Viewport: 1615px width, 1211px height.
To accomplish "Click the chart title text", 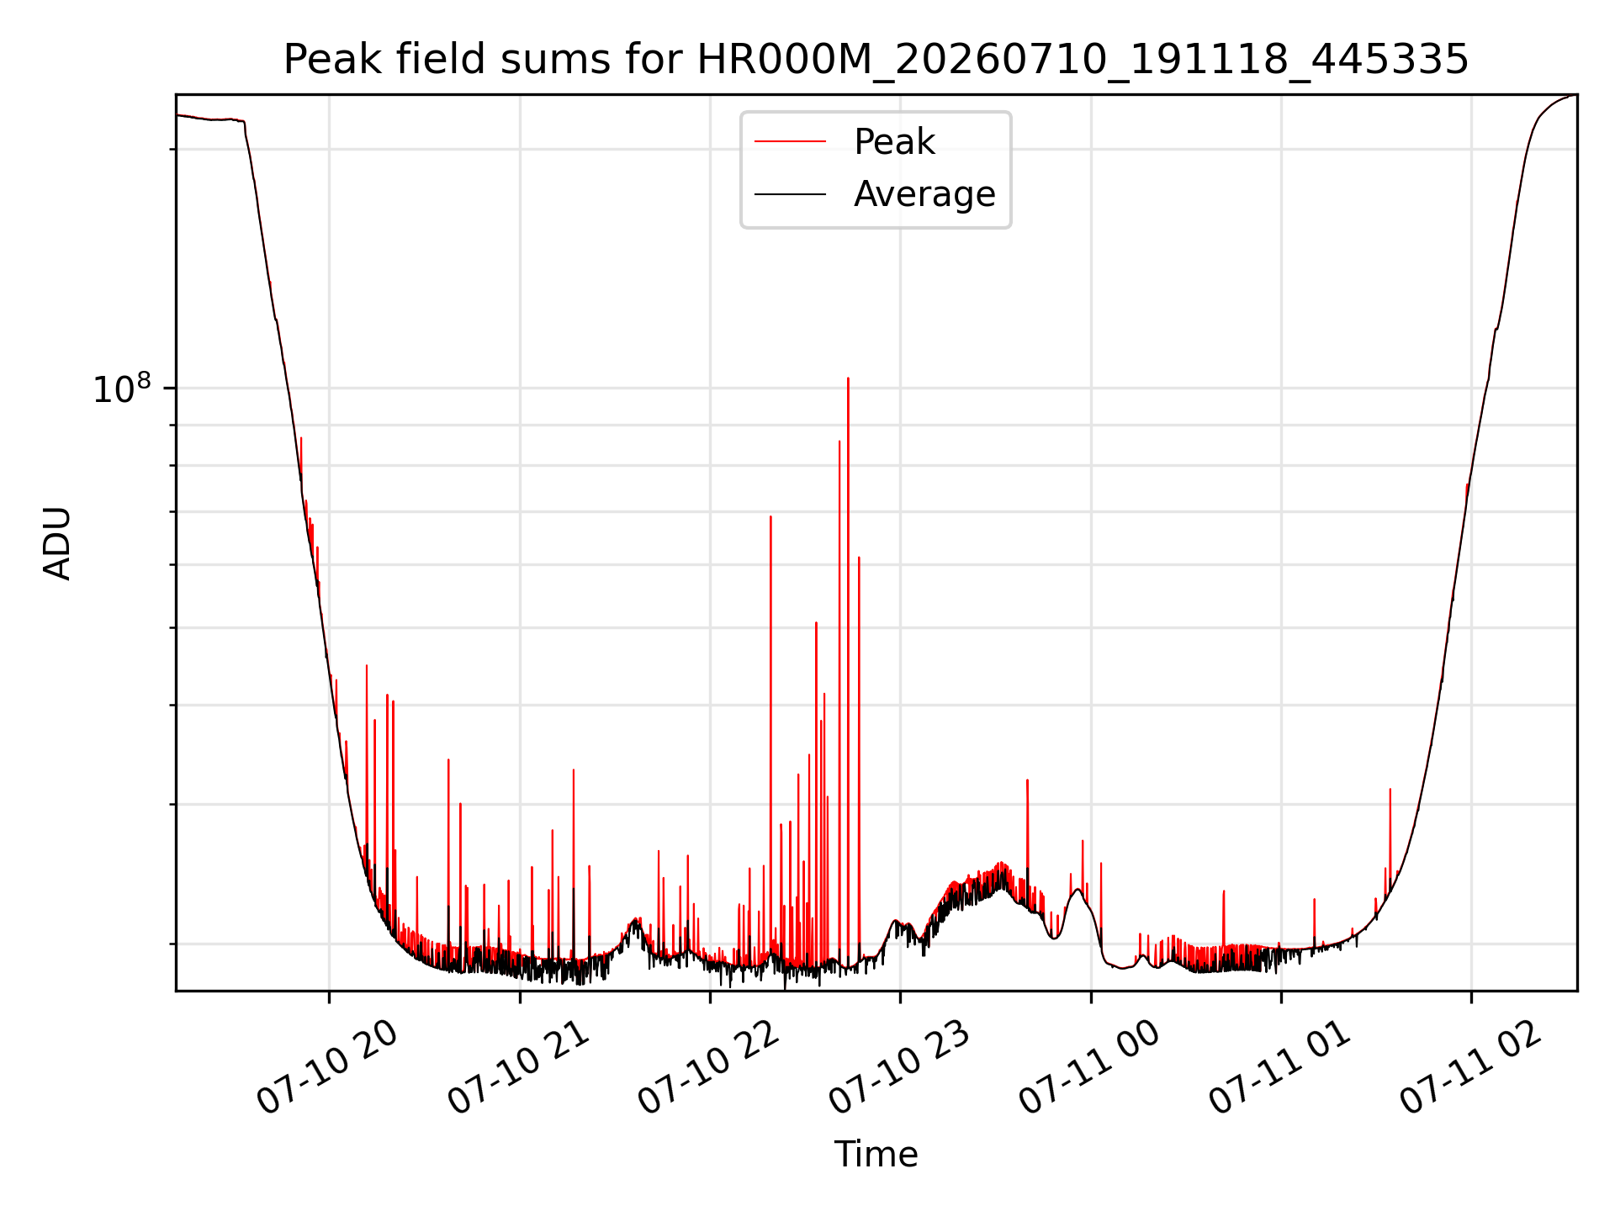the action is click(876, 60).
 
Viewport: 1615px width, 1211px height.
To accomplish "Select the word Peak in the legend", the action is click(894, 142).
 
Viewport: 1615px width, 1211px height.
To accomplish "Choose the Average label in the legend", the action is click(924, 194).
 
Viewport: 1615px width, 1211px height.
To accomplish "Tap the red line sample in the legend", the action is click(790, 142).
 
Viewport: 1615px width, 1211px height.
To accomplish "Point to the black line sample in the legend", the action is click(790, 194).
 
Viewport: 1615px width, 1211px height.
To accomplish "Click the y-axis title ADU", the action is click(57, 543).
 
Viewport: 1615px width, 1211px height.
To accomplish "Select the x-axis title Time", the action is click(876, 1154).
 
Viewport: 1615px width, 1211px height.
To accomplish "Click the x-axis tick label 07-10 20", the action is click(326, 1067).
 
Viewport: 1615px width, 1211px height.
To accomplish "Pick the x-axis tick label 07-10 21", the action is click(517, 1067).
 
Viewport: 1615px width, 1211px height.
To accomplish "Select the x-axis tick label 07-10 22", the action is click(707, 1067).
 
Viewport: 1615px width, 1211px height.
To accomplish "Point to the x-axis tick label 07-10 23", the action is click(898, 1067).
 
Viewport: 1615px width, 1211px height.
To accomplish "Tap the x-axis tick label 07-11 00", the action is click(1088, 1067).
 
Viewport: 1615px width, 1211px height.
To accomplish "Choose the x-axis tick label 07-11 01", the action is click(1279, 1067).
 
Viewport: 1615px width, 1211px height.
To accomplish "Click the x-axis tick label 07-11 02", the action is click(1469, 1067).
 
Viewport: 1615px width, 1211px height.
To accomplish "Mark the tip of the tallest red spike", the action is click(848, 378).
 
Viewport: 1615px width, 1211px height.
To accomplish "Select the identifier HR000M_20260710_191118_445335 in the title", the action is click(1083, 61).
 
